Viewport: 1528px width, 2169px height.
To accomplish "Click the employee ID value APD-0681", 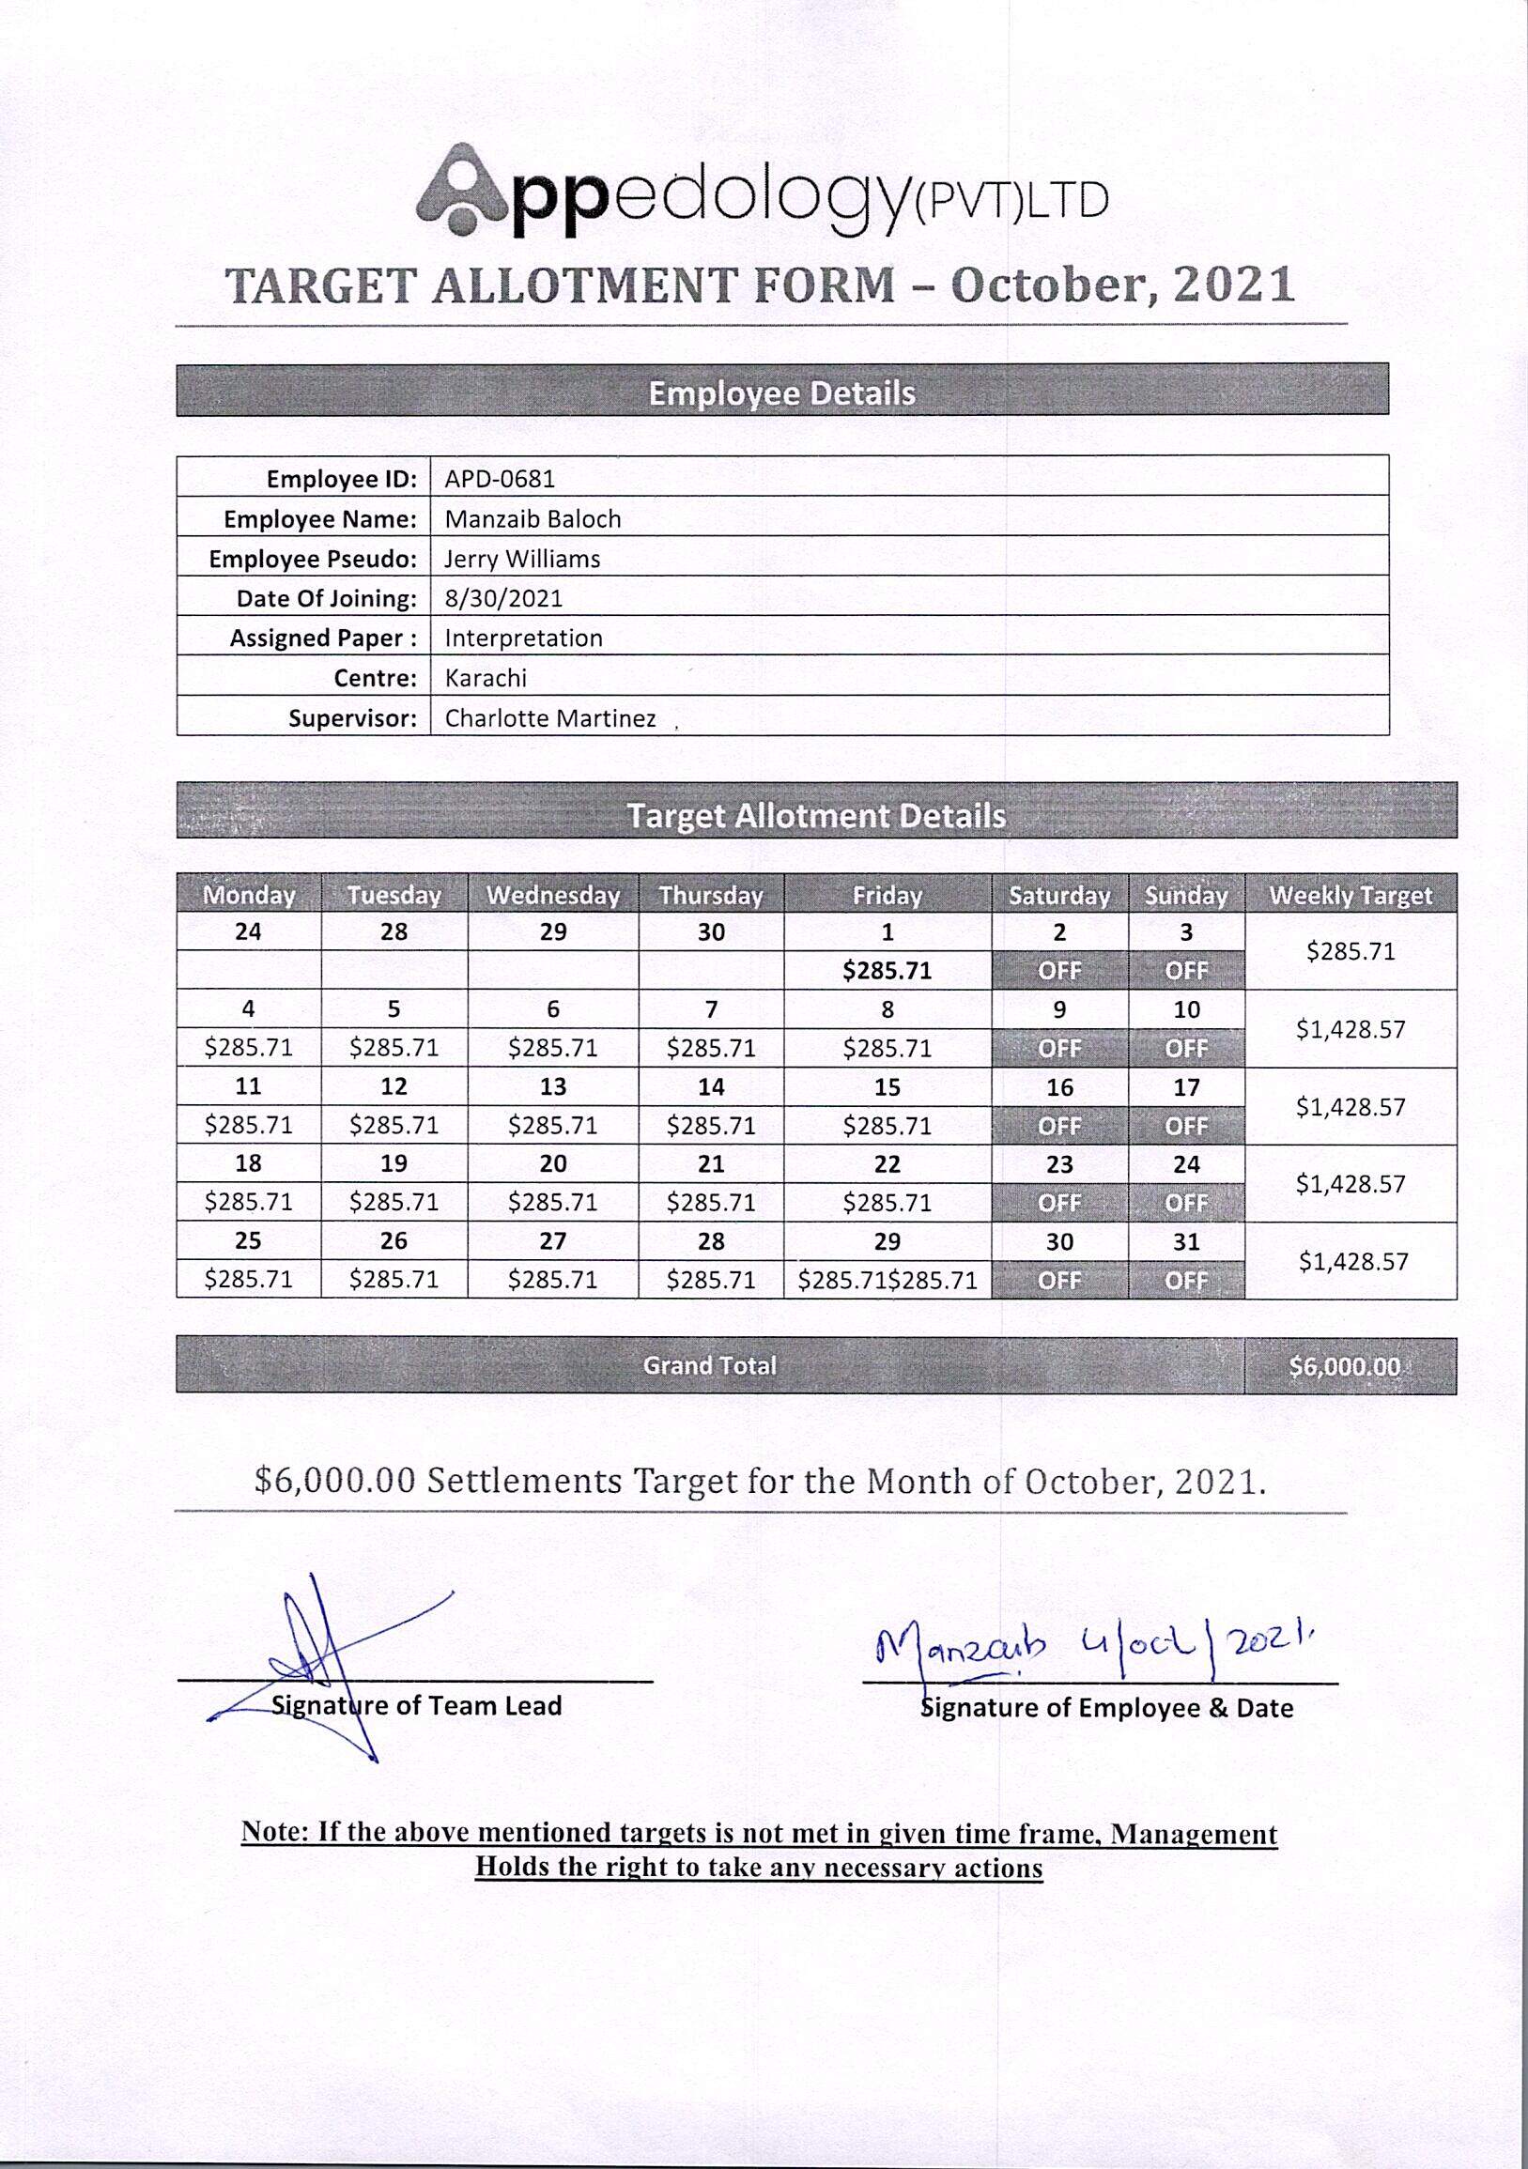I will [x=500, y=478].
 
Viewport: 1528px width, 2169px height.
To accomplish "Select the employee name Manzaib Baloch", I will [x=532, y=518].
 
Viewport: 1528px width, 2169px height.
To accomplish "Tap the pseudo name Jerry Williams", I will [x=522, y=559].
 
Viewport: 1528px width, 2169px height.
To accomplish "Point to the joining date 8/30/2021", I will [x=503, y=598].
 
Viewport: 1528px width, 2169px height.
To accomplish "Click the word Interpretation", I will [x=523, y=638].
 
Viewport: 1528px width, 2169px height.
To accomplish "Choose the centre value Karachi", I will [x=486, y=677].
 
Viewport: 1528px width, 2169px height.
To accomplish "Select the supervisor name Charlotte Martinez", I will [x=550, y=718].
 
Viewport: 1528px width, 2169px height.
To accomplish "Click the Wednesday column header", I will [x=553, y=895].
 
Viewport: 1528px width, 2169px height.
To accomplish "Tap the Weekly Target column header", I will [x=1351, y=895].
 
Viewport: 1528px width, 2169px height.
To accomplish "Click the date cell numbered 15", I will [x=887, y=1087].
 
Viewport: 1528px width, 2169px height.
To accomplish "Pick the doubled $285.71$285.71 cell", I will [x=887, y=1280].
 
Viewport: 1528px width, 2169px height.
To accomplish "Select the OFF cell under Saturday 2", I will [x=1059, y=971].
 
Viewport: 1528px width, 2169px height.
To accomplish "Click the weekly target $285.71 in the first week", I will [x=1351, y=951].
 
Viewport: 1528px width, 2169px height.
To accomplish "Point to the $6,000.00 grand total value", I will [x=1345, y=1366].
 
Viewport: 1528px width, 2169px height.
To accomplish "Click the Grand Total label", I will [x=709, y=1365].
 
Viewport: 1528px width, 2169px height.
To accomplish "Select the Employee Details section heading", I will [x=781, y=393].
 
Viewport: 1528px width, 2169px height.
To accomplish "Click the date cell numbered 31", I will [x=1186, y=1241].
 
